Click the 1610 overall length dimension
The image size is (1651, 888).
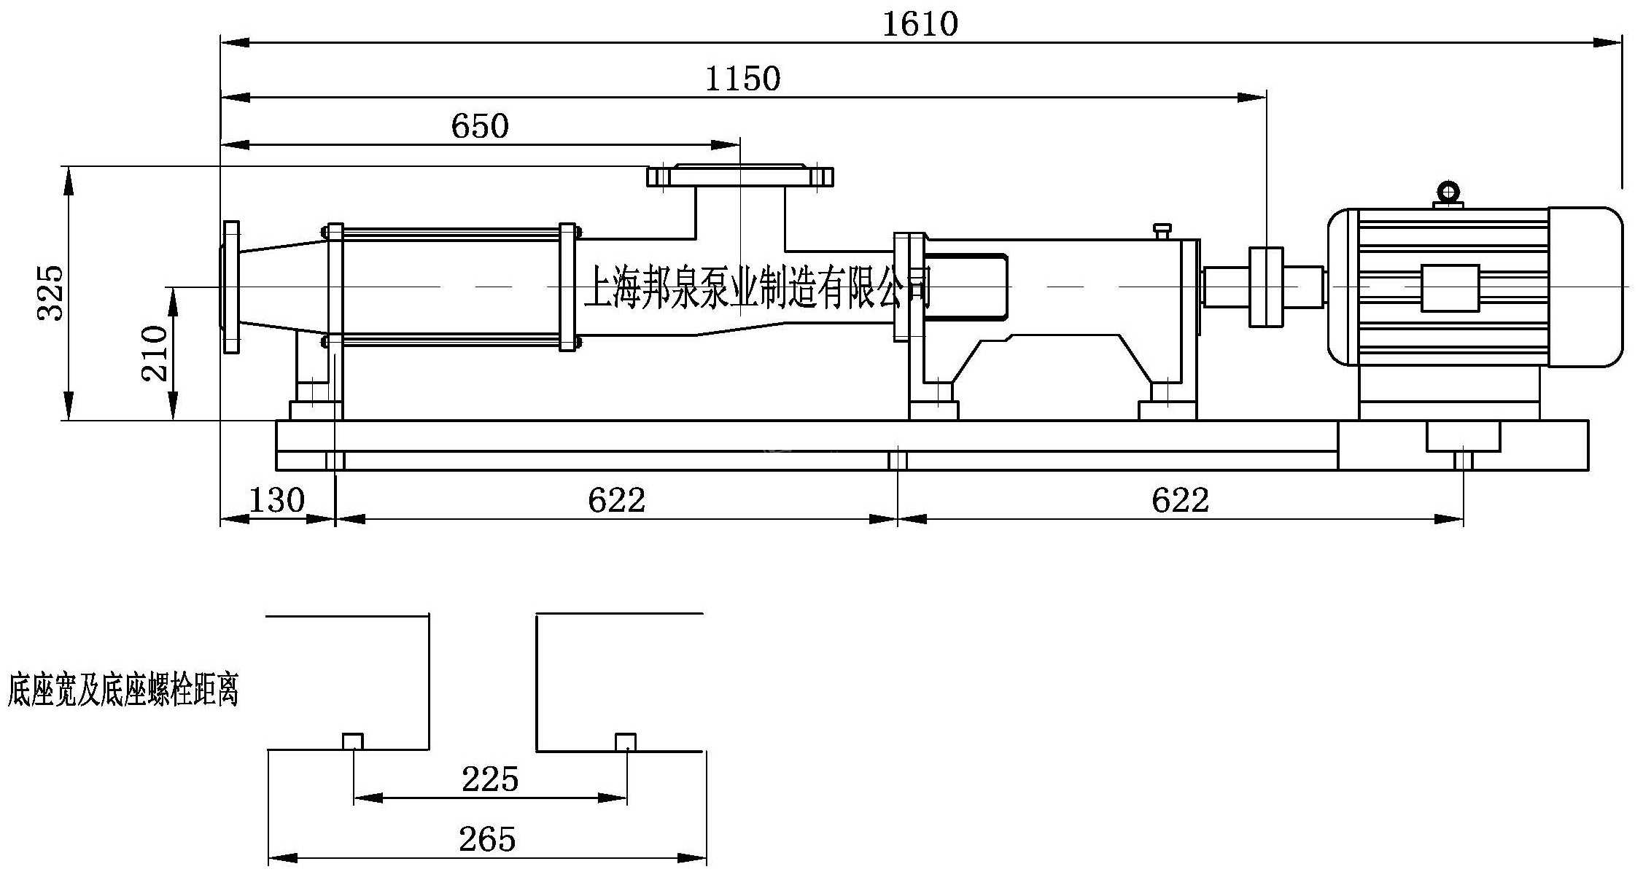click(x=920, y=24)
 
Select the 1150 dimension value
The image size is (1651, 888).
click(x=742, y=79)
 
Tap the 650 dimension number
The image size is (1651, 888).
click(x=479, y=126)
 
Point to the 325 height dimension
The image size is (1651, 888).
click(x=51, y=293)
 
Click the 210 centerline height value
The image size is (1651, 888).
click(x=155, y=354)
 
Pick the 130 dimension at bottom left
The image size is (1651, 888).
click(x=276, y=500)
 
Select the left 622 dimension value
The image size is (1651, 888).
click(x=616, y=500)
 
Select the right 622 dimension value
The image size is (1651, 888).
click(x=1180, y=500)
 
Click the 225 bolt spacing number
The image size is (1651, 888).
click(x=489, y=779)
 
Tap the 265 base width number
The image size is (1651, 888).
click(x=487, y=839)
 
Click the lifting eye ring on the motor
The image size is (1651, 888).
click(x=1448, y=193)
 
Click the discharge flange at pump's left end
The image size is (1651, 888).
click(x=231, y=287)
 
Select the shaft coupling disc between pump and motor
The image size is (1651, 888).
click(x=1265, y=287)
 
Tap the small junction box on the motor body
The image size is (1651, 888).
click(x=1450, y=288)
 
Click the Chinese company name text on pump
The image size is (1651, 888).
click(x=758, y=287)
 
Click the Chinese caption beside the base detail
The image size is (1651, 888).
click(x=123, y=690)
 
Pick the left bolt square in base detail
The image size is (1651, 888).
click(x=353, y=741)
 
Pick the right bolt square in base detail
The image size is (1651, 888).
click(x=626, y=741)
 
